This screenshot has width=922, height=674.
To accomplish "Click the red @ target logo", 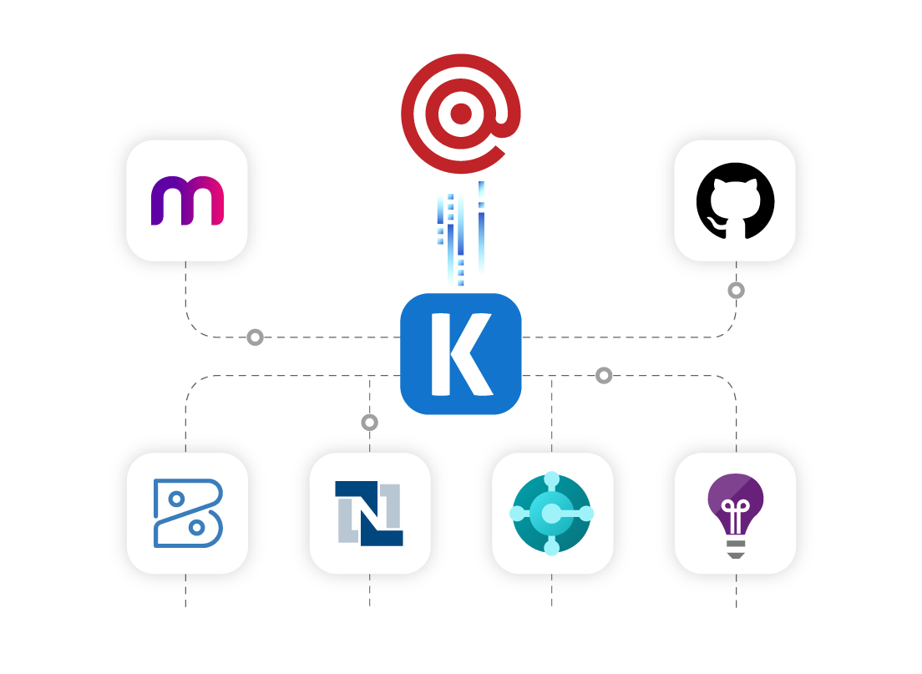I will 461,114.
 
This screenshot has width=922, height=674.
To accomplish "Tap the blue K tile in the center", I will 461,354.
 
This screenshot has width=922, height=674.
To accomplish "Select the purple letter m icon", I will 187,200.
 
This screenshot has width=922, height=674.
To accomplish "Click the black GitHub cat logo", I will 735,201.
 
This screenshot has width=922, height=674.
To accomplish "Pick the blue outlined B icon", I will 188,513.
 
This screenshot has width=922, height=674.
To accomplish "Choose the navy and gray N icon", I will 369,513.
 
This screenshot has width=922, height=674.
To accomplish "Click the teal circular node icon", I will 552,513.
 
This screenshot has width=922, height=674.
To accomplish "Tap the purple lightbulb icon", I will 736,513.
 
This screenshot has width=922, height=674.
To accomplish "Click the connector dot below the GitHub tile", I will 736,291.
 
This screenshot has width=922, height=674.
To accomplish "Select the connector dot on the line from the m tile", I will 256,337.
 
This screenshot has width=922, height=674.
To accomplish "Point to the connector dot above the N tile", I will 370,423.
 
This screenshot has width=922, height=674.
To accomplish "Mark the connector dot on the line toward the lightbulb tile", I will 604,376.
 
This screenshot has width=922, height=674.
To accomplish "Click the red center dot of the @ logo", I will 461,114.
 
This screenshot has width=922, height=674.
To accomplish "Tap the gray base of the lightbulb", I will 736,548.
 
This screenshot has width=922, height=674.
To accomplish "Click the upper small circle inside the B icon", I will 176,499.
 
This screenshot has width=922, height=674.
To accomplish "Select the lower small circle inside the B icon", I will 196,528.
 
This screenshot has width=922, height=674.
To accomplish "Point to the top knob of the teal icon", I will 552,479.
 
